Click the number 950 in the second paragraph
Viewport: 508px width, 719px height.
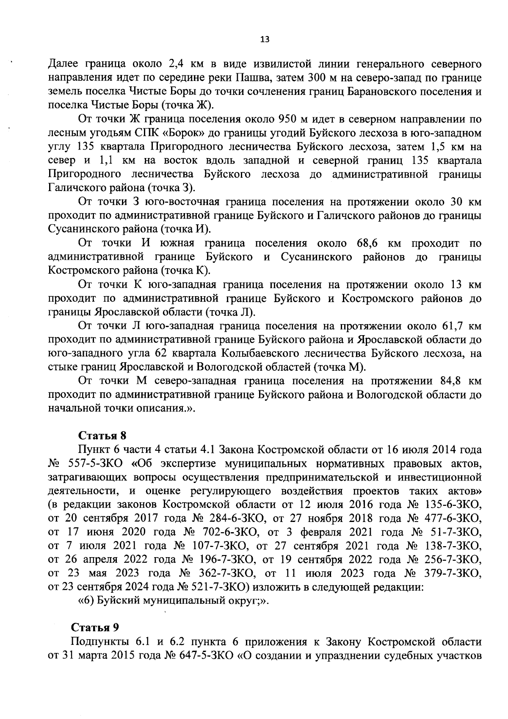pyautogui.click(x=287, y=119)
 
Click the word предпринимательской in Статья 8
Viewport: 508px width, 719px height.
pyautogui.click(x=322, y=477)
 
